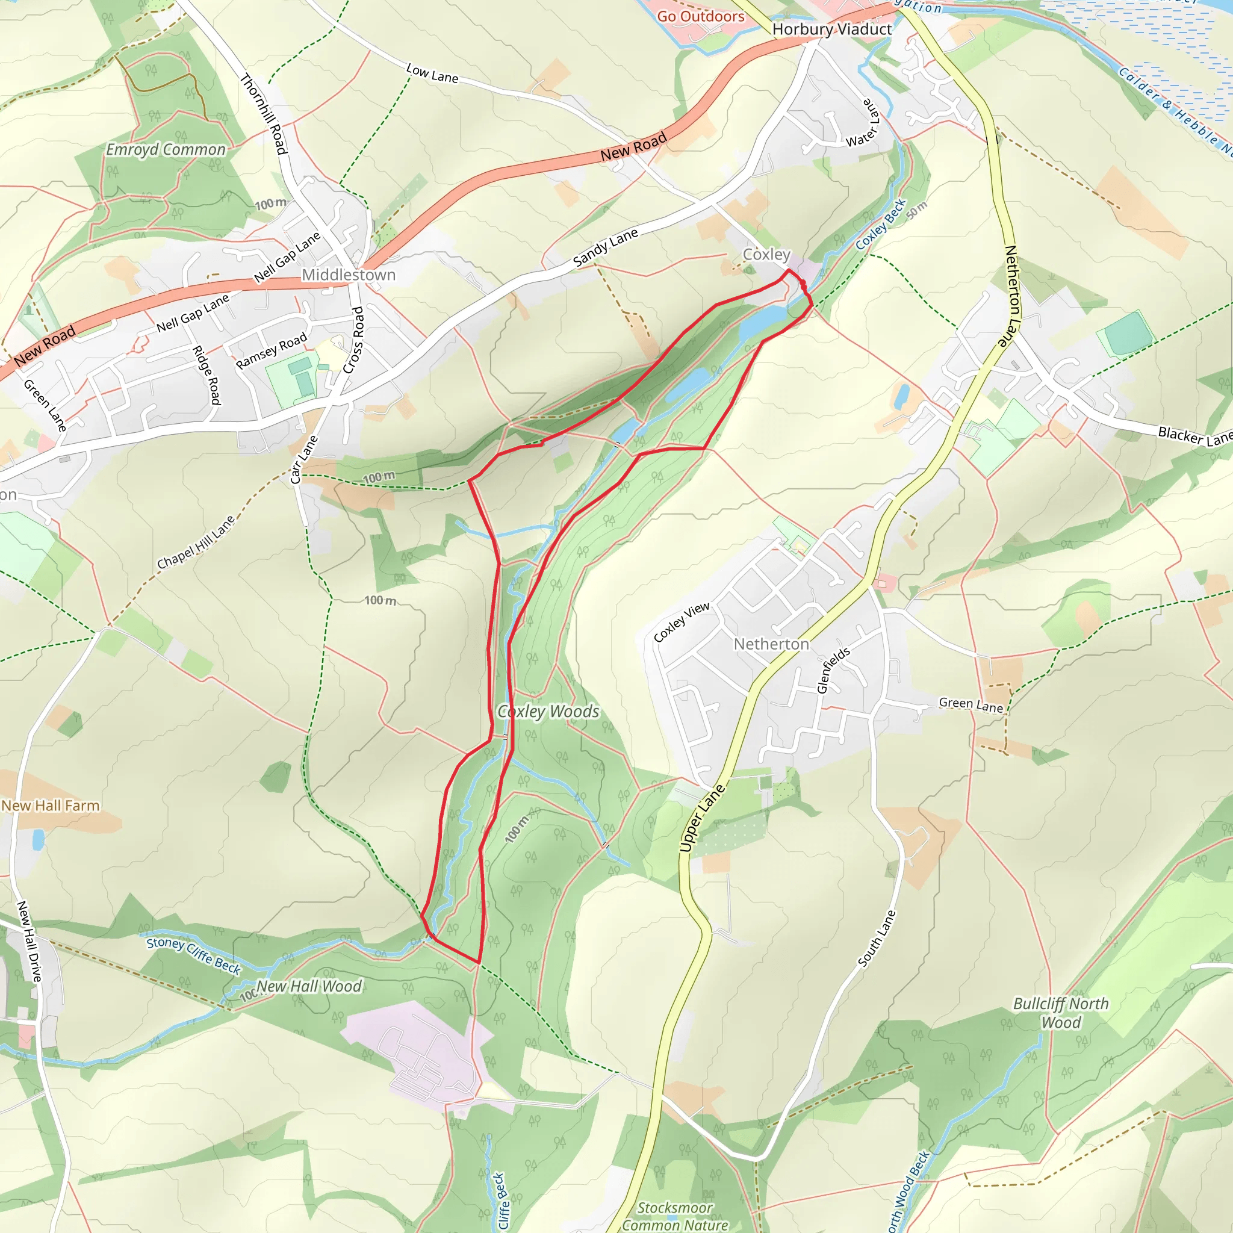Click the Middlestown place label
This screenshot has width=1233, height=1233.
pyautogui.click(x=349, y=275)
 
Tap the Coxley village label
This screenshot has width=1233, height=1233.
pyautogui.click(x=766, y=255)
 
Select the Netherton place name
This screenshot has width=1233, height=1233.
pyautogui.click(x=771, y=645)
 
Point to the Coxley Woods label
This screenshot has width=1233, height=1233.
pyautogui.click(x=548, y=712)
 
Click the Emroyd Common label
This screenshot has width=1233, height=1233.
pyautogui.click(x=166, y=150)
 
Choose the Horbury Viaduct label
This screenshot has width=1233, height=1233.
pyautogui.click(x=831, y=30)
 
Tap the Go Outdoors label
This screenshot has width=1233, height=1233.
pyautogui.click(x=701, y=17)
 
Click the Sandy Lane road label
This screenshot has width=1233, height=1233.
pyautogui.click(x=605, y=247)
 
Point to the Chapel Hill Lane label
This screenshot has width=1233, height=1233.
pyautogui.click(x=196, y=542)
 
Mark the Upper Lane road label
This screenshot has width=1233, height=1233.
pyautogui.click(x=702, y=818)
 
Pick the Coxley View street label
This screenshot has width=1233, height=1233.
pyautogui.click(x=681, y=623)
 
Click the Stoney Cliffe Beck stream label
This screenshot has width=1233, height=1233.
pyautogui.click(x=193, y=955)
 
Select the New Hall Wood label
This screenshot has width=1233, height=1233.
pyautogui.click(x=309, y=987)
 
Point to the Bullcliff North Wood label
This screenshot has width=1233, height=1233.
pyautogui.click(x=1061, y=1013)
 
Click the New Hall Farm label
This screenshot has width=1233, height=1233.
pyautogui.click(x=51, y=806)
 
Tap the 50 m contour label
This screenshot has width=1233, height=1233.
pyautogui.click(x=916, y=211)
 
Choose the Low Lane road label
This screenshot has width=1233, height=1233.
pyautogui.click(x=432, y=73)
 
